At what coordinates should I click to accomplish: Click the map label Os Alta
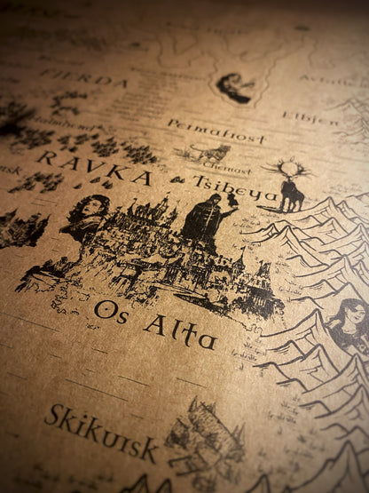154,323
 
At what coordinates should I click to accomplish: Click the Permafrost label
216,132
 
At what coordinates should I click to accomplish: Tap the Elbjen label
310,117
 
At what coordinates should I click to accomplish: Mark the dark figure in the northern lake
232,86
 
